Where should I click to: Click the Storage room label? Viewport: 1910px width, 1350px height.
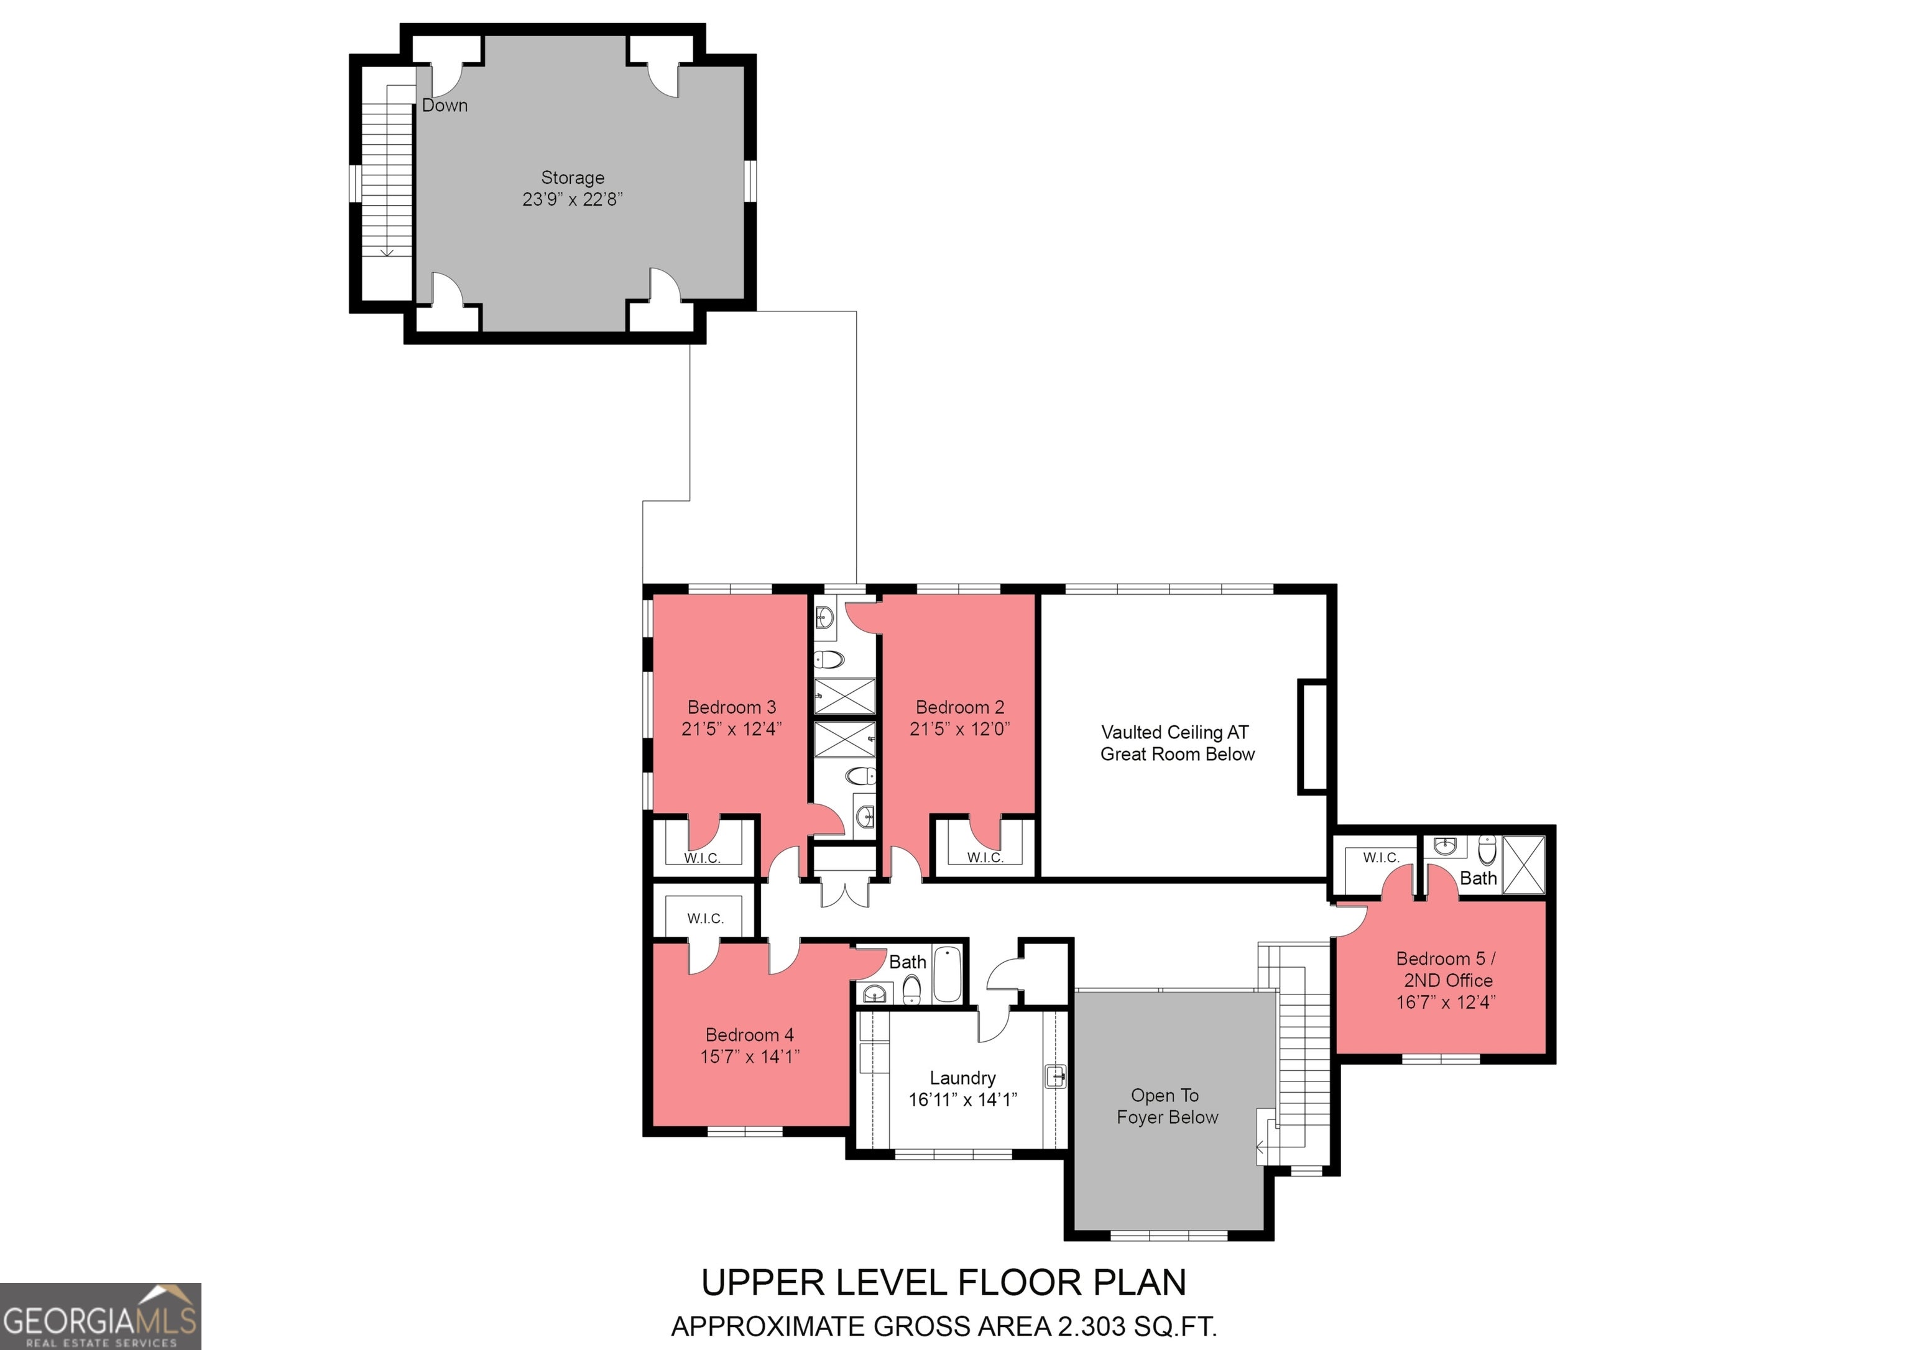(573, 178)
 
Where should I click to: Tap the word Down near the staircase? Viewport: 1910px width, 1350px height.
(445, 106)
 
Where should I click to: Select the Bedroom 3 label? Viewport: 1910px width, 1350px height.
(731, 707)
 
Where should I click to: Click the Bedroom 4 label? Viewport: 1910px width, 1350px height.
(750, 1035)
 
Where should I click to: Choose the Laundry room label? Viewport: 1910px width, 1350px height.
(962, 1078)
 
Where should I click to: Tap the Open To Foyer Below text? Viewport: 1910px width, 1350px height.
(1167, 1106)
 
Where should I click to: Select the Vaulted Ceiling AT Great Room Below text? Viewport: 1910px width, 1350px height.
(1177, 743)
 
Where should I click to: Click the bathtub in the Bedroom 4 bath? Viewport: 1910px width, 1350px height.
(947, 973)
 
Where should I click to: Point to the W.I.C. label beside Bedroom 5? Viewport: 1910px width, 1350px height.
(1381, 858)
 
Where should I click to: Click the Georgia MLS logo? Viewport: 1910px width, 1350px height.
(101, 1316)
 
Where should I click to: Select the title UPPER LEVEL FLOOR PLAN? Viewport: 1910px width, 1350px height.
(944, 1283)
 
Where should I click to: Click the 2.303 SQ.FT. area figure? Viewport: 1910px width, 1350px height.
(1137, 1326)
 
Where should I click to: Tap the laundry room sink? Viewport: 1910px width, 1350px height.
(1056, 1077)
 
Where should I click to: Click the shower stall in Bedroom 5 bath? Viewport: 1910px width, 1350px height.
(1523, 865)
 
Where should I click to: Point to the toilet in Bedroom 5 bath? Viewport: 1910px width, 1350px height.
(1487, 851)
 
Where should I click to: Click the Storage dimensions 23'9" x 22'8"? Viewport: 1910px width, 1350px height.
(573, 200)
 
